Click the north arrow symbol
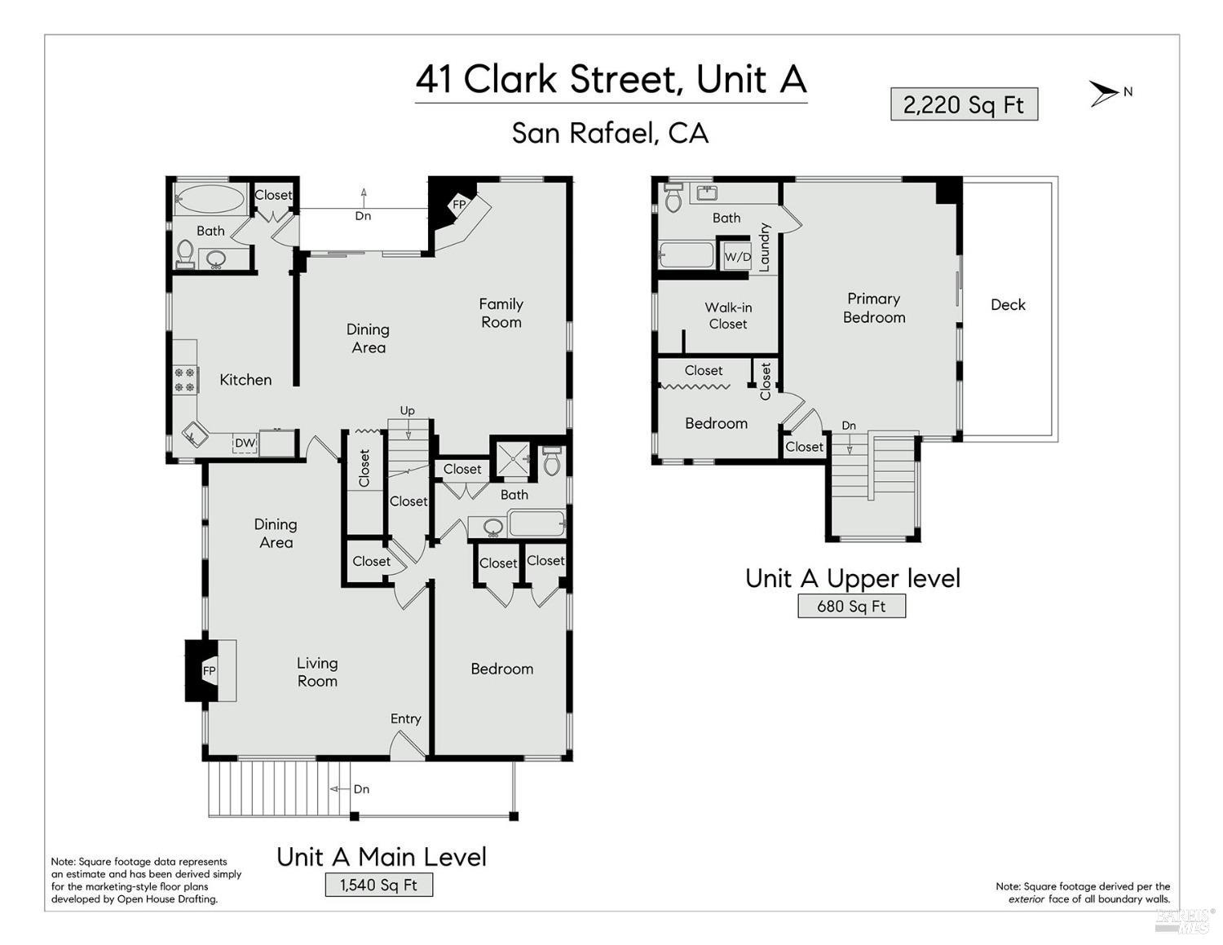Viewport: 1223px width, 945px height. click(1104, 93)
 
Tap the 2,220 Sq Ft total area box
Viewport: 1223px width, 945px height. click(964, 104)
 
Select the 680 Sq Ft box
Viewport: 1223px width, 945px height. click(851, 606)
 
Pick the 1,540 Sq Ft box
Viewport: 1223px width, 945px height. click(379, 885)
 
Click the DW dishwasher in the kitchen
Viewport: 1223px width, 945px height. click(245, 444)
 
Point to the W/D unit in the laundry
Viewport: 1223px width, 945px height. click(737, 257)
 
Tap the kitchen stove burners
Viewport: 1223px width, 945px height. click(184, 380)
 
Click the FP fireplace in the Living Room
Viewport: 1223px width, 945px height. click(210, 671)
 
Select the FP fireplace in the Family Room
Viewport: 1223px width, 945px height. click(459, 205)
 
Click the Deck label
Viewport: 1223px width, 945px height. click(1008, 304)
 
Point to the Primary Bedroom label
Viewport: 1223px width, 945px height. click(874, 308)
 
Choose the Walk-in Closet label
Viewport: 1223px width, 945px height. click(728, 316)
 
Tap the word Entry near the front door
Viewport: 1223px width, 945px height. click(406, 719)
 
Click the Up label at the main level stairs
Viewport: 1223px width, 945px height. click(407, 411)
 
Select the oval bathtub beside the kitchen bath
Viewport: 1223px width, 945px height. click(210, 199)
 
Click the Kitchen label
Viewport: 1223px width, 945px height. click(245, 380)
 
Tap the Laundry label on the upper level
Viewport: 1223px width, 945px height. click(764, 248)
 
